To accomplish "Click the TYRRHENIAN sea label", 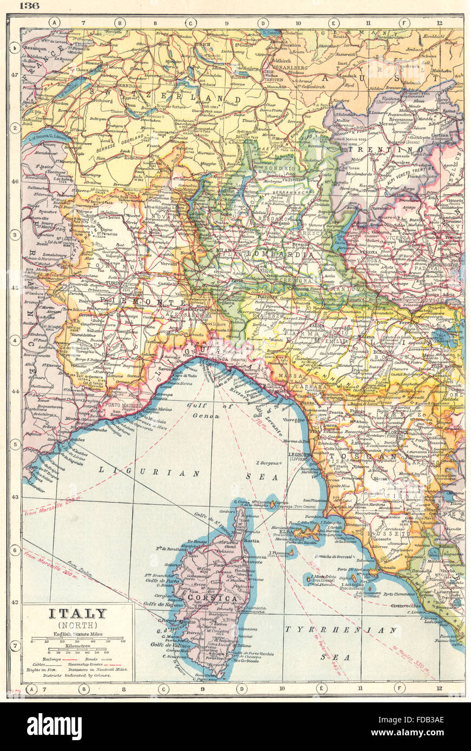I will click(341, 630).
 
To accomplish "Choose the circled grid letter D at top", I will click(263, 23).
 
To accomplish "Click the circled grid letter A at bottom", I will click(31, 688).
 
